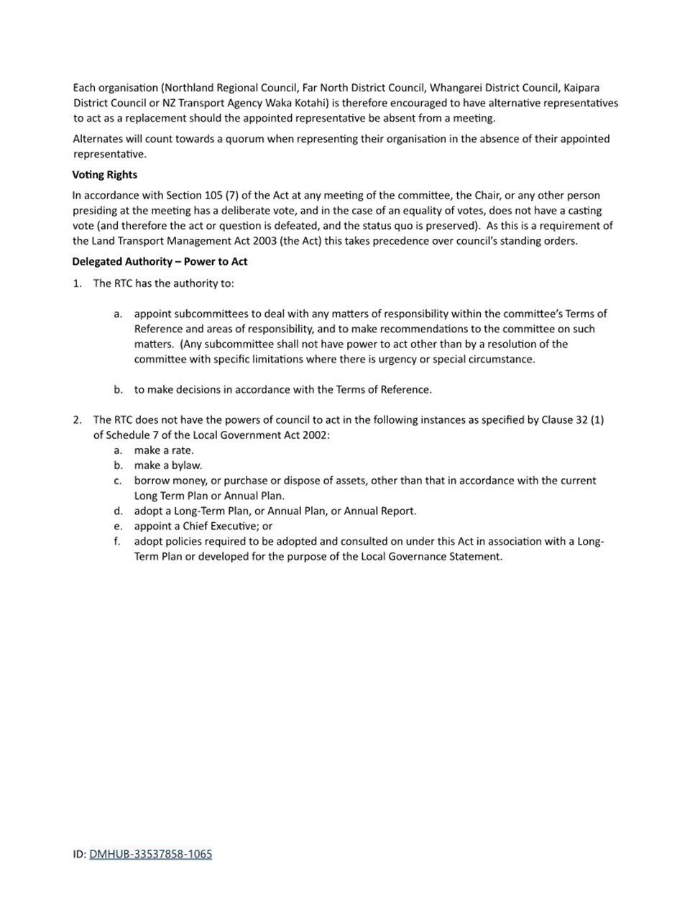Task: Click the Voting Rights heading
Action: (x=104, y=175)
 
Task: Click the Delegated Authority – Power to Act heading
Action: (x=160, y=261)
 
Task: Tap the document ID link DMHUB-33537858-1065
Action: (x=150, y=854)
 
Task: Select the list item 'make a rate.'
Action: (x=164, y=450)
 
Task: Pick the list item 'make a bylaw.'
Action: (x=168, y=465)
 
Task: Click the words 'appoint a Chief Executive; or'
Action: (x=203, y=526)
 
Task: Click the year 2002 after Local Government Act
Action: (x=313, y=435)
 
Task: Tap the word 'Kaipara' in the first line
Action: (x=581, y=88)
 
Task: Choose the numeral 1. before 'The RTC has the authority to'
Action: (x=78, y=283)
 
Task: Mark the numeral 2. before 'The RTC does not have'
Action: (x=78, y=419)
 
